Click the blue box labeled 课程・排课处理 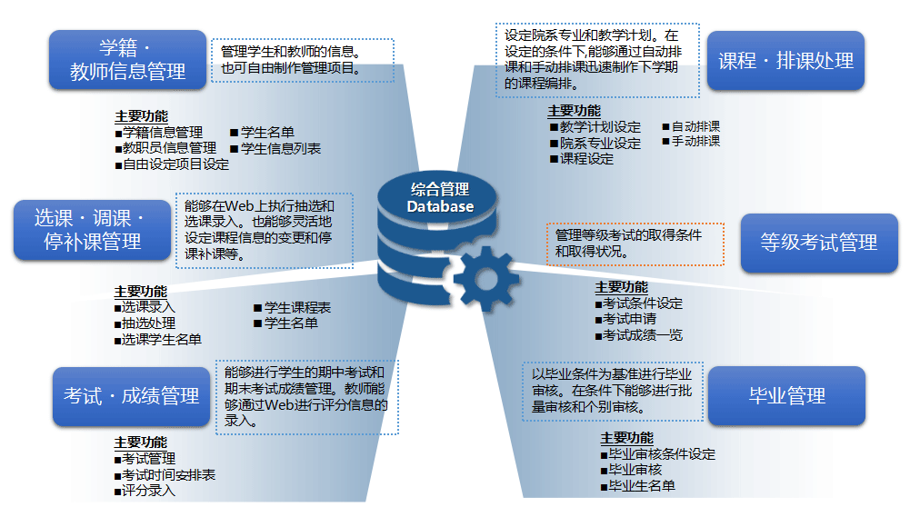click(x=785, y=61)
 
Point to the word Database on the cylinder click(x=440, y=206)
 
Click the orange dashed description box click(x=635, y=243)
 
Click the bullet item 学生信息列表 click(x=280, y=148)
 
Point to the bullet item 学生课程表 click(x=296, y=308)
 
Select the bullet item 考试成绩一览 click(x=643, y=335)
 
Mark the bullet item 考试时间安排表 click(x=168, y=475)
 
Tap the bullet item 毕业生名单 click(x=641, y=486)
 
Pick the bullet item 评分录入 click(x=148, y=491)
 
